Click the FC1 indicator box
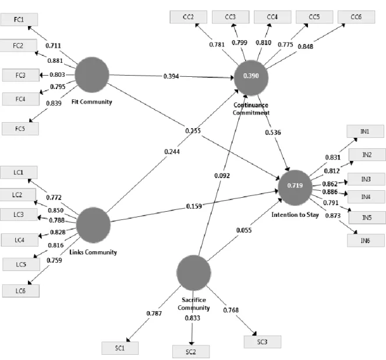tap(19, 19)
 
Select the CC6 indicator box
tap(356, 17)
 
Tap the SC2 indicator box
tap(191, 352)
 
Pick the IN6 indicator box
tap(366, 241)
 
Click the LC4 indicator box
tap(20, 240)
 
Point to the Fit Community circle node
tap(92, 75)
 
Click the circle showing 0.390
tap(251, 77)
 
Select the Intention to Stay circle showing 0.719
tap(295, 187)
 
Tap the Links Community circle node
tap(93, 225)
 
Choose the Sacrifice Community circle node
tap(194, 273)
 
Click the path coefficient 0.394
tap(171, 76)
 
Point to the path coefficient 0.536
tap(272, 133)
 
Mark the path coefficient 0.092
tap(222, 176)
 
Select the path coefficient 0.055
tap(244, 230)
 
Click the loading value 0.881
tap(55, 60)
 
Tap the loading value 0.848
tap(306, 47)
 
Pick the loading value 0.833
tap(193, 318)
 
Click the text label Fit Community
tap(92, 102)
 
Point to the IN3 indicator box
tap(366, 179)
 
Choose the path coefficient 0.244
tap(172, 152)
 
